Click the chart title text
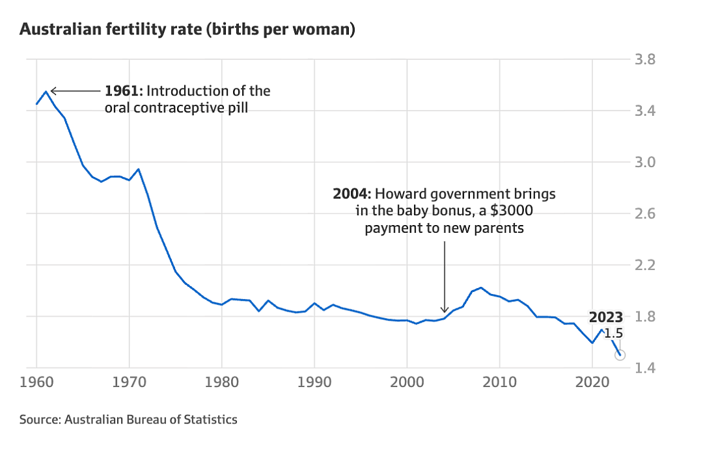pyautogui.click(x=187, y=29)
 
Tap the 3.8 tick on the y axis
pyautogui.click(x=645, y=59)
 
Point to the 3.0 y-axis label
pyautogui.click(x=645, y=162)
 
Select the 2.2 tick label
pyautogui.click(x=645, y=265)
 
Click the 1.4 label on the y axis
pyautogui.click(x=645, y=368)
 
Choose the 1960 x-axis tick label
pyautogui.click(x=36, y=382)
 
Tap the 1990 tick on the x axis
pyautogui.click(x=314, y=382)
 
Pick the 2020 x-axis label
pyautogui.click(x=592, y=382)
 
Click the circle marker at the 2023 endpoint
pyautogui.click(x=620, y=355)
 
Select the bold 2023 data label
pyautogui.click(x=606, y=317)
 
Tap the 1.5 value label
pyautogui.click(x=613, y=334)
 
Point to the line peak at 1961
pyautogui.click(x=46, y=92)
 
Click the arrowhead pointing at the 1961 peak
pyautogui.click(x=53, y=91)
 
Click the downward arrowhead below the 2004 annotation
pyautogui.click(x=445, y=309)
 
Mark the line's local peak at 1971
pyautogui.click(x=139, y=169)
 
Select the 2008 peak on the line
pyautogui.click(x=480, y=287)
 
